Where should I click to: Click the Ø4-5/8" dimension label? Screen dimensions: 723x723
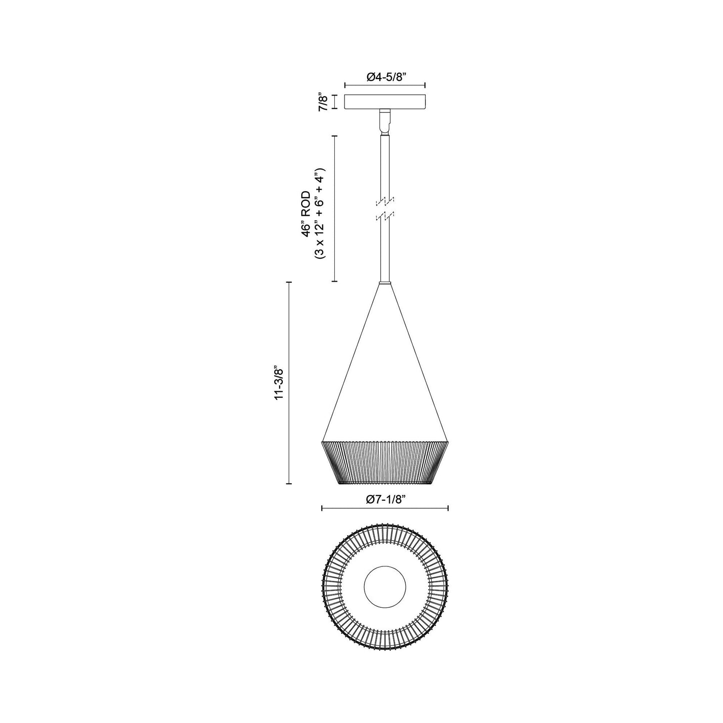click(385, 77)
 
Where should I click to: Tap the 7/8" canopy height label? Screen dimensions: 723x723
click(324, 102)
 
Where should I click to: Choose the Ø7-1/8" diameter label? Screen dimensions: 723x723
click(385, 499)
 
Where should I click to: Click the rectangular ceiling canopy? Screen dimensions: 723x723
click(385, 102)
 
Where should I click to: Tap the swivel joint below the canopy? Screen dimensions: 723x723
click(385, 122)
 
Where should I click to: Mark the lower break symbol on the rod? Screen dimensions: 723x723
click(385, 216)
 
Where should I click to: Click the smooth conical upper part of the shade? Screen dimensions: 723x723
click(385, 380)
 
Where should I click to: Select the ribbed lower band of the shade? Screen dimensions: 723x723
click(385, 462)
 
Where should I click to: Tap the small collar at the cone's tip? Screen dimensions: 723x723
click(385, 284)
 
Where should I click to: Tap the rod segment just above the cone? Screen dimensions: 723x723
click(385, 255)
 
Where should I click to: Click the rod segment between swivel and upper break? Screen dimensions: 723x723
click(385, 165)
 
